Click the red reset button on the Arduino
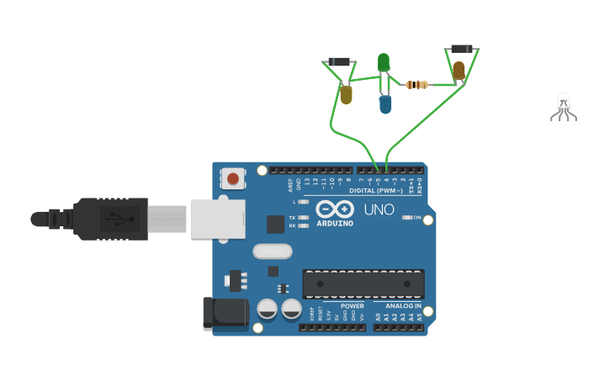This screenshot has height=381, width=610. click(x=233, y=178)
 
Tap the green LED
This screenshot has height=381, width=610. click(x=384, y=63)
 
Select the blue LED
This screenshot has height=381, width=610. click(x=385, y=104)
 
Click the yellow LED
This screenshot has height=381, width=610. click(x=346, y=95)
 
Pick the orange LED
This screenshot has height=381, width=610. click(x=459, y=71)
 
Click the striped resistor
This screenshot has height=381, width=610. click(x=416, y=84)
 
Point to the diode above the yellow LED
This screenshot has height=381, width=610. click(x=339, y=61)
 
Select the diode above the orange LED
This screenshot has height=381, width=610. click(x=461, y=49)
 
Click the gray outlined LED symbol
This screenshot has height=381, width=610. click(x=564, y=107)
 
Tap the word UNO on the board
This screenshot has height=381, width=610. click(x=379, y=209)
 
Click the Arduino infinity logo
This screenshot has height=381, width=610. click(x=335, y=209)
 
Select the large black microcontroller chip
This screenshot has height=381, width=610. click(x=363, y=283)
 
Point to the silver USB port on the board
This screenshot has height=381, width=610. click(x=218, y=219)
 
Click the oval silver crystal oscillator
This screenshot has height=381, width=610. click(x=272, y=251)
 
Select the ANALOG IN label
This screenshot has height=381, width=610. click(x=403, y=306)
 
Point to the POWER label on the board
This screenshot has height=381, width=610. click(x=352, y=306)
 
